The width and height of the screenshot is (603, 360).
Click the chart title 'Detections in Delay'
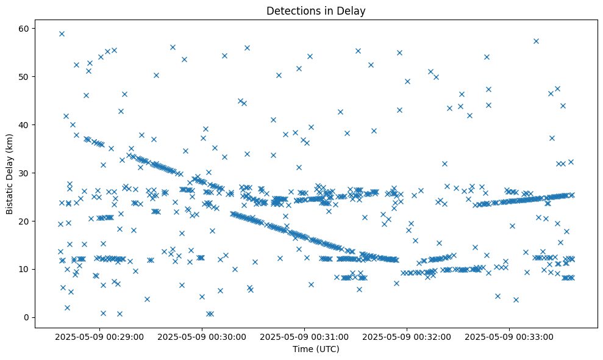(316, 10)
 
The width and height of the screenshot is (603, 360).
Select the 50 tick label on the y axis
(28, 77)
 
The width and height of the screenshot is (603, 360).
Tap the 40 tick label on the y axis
(28, 125)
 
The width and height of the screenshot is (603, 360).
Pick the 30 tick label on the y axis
(28, 173)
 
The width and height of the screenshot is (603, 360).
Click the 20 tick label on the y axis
(28, 221)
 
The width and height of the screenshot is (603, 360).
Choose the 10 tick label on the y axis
(28, 269)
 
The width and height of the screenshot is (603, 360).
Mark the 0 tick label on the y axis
(30, 317)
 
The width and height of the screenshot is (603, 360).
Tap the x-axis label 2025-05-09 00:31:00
(305, 336)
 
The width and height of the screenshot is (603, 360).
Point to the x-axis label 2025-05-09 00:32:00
(407, 336)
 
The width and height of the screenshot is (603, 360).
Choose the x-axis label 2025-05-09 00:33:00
(509, 336)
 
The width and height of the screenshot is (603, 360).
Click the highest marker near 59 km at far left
(62, 34)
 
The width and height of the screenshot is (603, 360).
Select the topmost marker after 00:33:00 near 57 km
(536, 41)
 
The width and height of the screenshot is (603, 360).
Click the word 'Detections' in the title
(291, 10)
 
